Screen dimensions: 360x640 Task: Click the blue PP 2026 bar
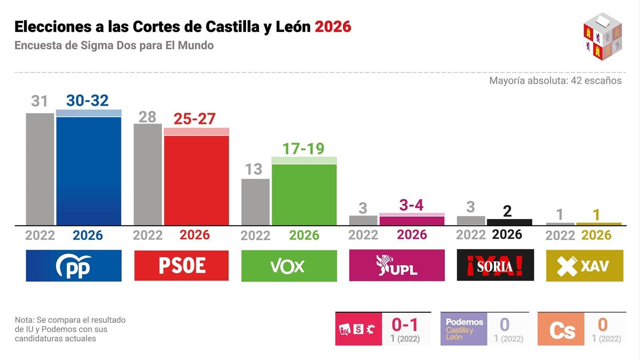click(x=89, y=170)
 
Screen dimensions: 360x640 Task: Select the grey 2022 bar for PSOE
click(x=148, y=174)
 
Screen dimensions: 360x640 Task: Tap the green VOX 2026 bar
click(x=304, y=194)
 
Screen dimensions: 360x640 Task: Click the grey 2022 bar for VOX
click(x=255, y=202)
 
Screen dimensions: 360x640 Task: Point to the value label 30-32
click(x=87, y=100)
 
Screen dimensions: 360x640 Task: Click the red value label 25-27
click(x=194, y=119)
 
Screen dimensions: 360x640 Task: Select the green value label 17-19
click(x=303, y=149)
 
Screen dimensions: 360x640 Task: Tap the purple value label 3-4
click(x=411, y=205)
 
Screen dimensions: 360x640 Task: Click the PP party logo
click(x=74, y=266)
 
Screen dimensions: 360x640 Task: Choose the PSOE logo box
click(x=182, y=266)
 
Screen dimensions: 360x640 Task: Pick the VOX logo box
click(x=289, y=266)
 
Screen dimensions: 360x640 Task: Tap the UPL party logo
click(x=396, y=265)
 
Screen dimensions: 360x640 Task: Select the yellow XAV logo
click(x=584, y=266)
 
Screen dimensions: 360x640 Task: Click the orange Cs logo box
click(x=561, y=329)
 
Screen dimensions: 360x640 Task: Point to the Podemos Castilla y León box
click(x=464, y=329)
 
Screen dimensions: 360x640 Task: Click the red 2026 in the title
click(x=333, y=27)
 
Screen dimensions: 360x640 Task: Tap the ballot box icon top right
click(x=602, y=36)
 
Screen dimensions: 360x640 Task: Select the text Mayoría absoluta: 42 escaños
click(x=555, y=80)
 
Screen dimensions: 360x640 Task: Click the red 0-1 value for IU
click(x=405, y=324)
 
